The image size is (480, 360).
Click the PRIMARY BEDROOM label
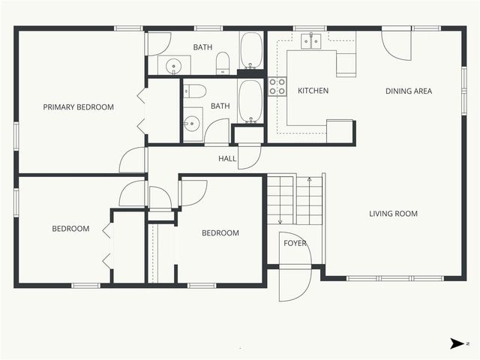pyautogui.click(x=78, y=107)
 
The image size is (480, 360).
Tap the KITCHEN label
pyautogui.click(x=313, y=91)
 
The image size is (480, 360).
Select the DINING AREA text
pyautogui.click(x=409, y=91)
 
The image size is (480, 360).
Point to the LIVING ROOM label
pyautogui.click(x=393, y=213)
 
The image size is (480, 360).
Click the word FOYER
pyautogui.click(x=295, y=243)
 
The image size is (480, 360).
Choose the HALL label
pyautogui.click(x=227, y=158)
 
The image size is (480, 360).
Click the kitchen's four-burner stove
pyautogui.click(x=277, y=87)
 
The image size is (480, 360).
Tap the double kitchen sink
pyautogui.click(x=311, y=42)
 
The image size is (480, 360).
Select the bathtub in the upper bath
pyautogui.click(x=251, y=50)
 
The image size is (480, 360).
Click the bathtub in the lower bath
pyautogui.click(x=250, y=102)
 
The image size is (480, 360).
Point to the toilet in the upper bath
pyautogui.click(x=223, y=63)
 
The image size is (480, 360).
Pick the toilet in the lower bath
pyautogui.click(x=195, y=91)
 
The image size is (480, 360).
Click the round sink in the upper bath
pyautogui.click(x=173, y=66)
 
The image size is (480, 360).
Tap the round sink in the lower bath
pyautogui.click(x=192, y=124)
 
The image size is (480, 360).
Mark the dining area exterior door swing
pyautogui.click(x=396, y=46)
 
